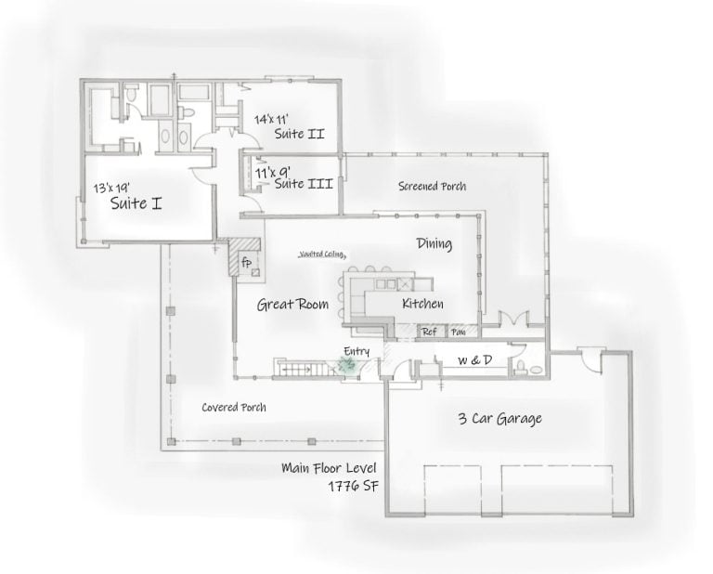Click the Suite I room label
(x=136, y=202)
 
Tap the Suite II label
(x=298, y=135)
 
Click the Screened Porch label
(x=432, y=187)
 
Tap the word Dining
(x=434, y=244)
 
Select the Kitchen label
(x=422, y=305)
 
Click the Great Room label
(x=292, y=304)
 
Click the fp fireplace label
(x=247, y=263)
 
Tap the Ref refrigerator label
(x=430, y=331)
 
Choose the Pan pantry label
(x=458, y=331)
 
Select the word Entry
(x=356, y=350)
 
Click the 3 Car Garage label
(x=499, y=418)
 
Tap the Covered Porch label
(x=234, y=407)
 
